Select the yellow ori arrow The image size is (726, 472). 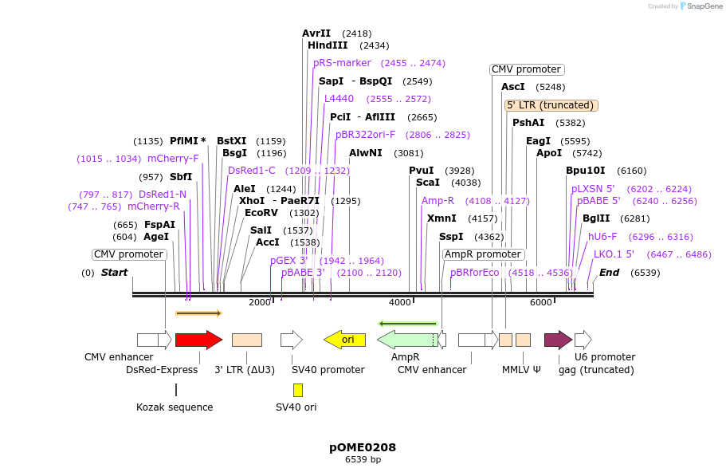point(344,340)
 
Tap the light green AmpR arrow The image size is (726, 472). point(406,340)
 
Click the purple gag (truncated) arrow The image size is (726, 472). point(558,340)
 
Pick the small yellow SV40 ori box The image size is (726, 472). point(298,390)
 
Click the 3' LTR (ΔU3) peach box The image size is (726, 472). point(247,340)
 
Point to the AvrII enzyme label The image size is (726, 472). point(316,33)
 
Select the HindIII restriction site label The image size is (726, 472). point(328,45)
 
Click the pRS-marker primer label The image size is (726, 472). point(342,63)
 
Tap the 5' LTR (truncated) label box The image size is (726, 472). point(551,105)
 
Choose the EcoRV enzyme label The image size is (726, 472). point(261,213)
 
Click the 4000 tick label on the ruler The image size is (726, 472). point(400,302)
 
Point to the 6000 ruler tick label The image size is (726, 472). point(541,302)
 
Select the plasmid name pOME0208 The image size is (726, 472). point(363,447)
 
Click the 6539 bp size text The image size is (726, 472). point(363,460)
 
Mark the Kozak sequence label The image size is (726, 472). point(175,407)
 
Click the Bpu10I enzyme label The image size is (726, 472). point(586,171)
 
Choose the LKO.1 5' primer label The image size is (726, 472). point(614,254)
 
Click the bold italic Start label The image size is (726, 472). point(114,273)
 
